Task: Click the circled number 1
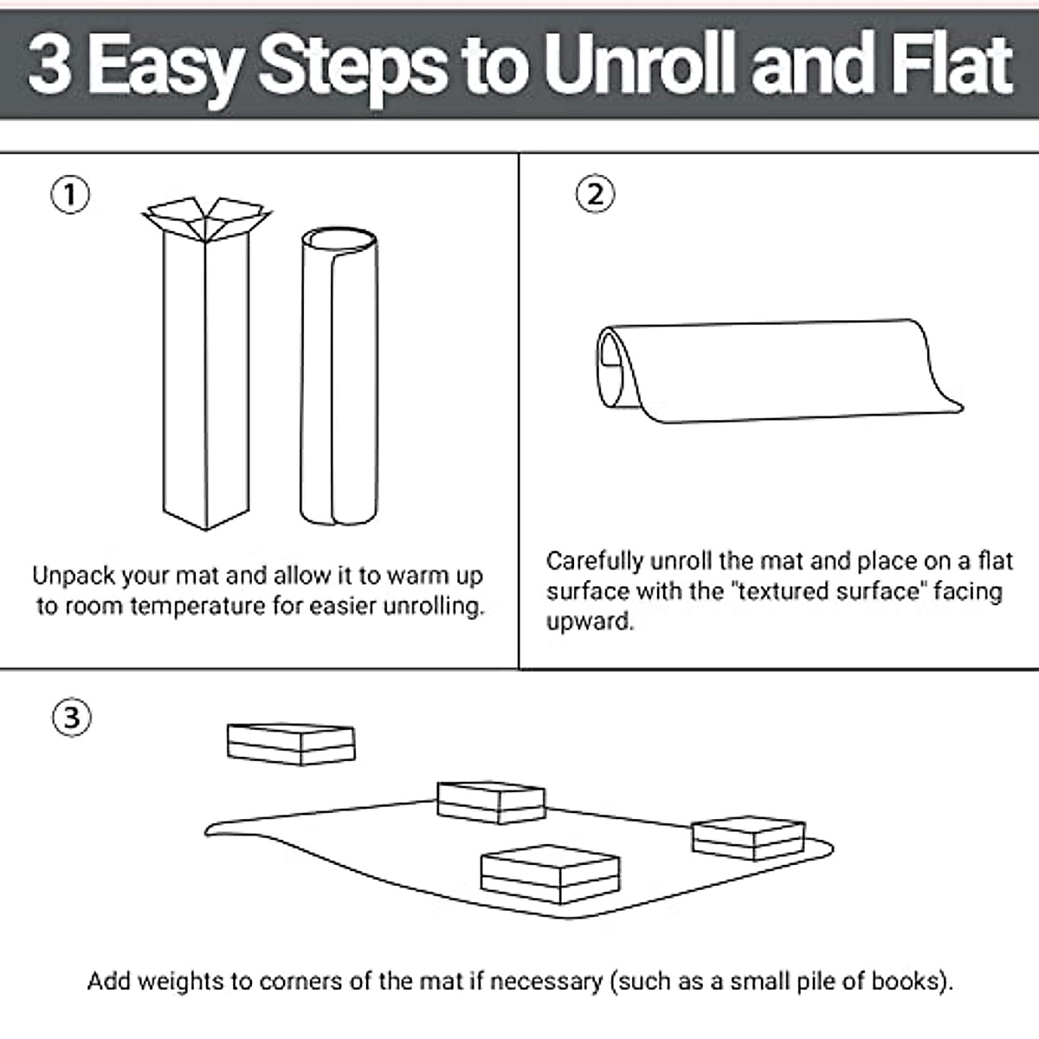coord(70,195)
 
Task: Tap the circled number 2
coord(595,194)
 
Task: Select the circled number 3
coord(72,718)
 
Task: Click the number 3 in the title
coord(49,65)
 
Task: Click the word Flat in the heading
coord(952,63)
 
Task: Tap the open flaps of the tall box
coord(207,217)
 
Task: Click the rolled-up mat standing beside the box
coord(339,376)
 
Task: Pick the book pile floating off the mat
coord(291,744)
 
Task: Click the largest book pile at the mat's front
coord(551,874)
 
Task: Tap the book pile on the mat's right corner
coord(749,838)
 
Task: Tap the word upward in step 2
coord(590,623)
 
